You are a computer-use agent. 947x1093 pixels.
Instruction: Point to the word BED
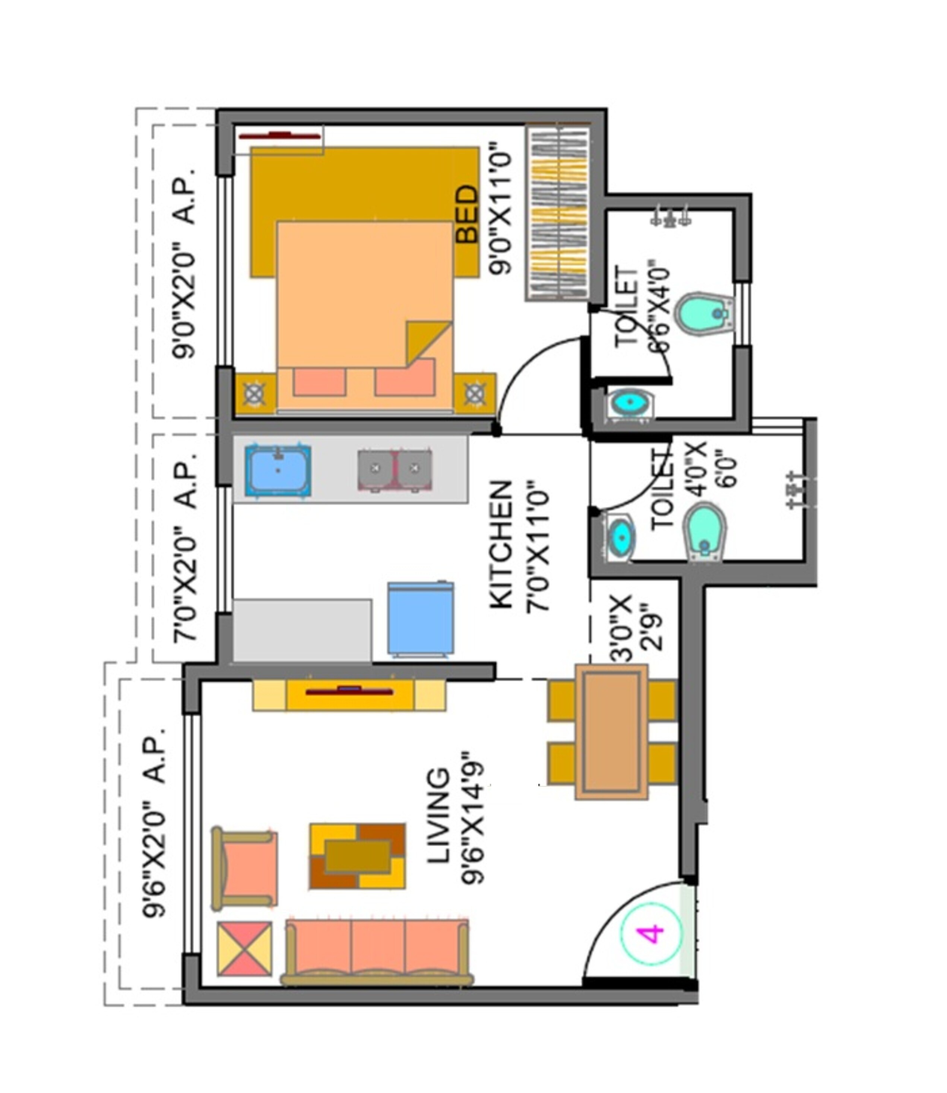click(467, 214)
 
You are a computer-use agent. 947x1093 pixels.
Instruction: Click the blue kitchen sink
click(278, 471)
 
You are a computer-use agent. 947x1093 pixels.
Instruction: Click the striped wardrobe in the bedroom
click(558, 214)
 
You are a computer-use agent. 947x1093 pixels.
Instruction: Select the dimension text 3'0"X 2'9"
click(636, 629)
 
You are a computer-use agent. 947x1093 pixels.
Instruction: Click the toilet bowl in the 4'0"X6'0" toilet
click(704, 531)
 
